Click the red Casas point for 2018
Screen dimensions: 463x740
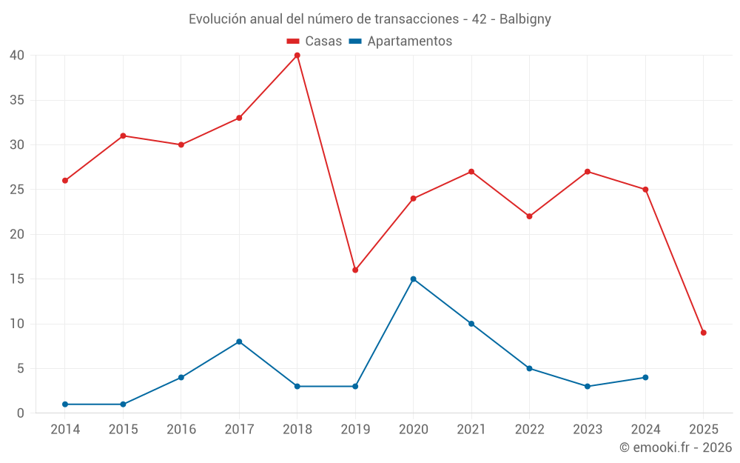click(297, 56)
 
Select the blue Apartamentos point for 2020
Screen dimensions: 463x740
click(413, 279)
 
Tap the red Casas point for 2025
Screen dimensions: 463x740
click(703, 333)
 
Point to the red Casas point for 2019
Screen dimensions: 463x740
click(355, 270)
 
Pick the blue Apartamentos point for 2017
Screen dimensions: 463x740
click(239, 342)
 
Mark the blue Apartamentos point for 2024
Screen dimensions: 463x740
click(645, 378)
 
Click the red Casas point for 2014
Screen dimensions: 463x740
click(65, 181)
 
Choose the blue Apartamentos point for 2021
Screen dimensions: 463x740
click(471, 324)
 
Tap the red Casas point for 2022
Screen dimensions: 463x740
click(529, 216)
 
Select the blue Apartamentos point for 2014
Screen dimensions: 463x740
click(65, 404)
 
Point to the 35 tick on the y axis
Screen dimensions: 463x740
click(17, 100)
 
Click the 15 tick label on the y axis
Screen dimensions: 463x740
click(17, 279)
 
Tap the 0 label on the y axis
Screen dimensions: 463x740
click(21, 413)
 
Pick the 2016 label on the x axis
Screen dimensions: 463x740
click(181, 430)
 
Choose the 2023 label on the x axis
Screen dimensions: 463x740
click(588, 430)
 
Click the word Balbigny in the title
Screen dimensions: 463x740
click(525, 19)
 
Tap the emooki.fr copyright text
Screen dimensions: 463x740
click(676, 447)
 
